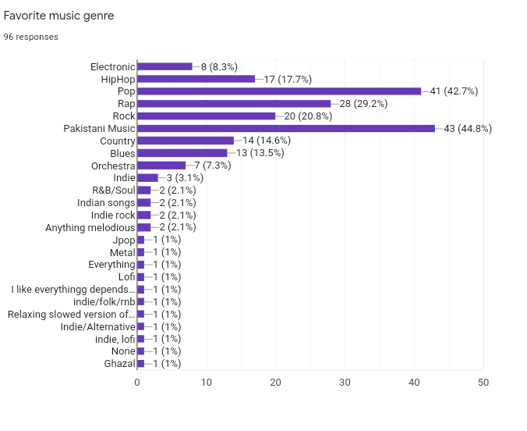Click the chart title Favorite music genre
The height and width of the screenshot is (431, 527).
click(x=58, y=16)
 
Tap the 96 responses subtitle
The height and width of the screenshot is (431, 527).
click(x=30, y=37)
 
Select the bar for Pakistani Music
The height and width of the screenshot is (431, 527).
click(x=286, y=128)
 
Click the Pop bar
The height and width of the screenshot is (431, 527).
click(x=279, y=91)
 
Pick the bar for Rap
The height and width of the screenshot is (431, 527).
click(x=234, y=104)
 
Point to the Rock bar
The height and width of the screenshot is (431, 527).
click(x=207, y=116)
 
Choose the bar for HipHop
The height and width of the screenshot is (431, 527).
click(x=196, y=79)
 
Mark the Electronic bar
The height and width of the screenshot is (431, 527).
click(x=164, y=66)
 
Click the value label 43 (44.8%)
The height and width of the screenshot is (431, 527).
click(x=468, y=128)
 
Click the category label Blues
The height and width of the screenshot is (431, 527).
click(x=122, y=153)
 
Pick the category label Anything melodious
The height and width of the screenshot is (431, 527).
click(x=90, y=227)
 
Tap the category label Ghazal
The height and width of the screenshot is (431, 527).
click(x=119, y=363)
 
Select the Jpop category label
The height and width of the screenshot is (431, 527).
click(x=123, y=240)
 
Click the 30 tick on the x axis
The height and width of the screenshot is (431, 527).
click(x=345, y=383)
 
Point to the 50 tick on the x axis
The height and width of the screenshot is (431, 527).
click(x=483, y=383)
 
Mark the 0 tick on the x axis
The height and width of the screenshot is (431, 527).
click(x=137, y=383)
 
